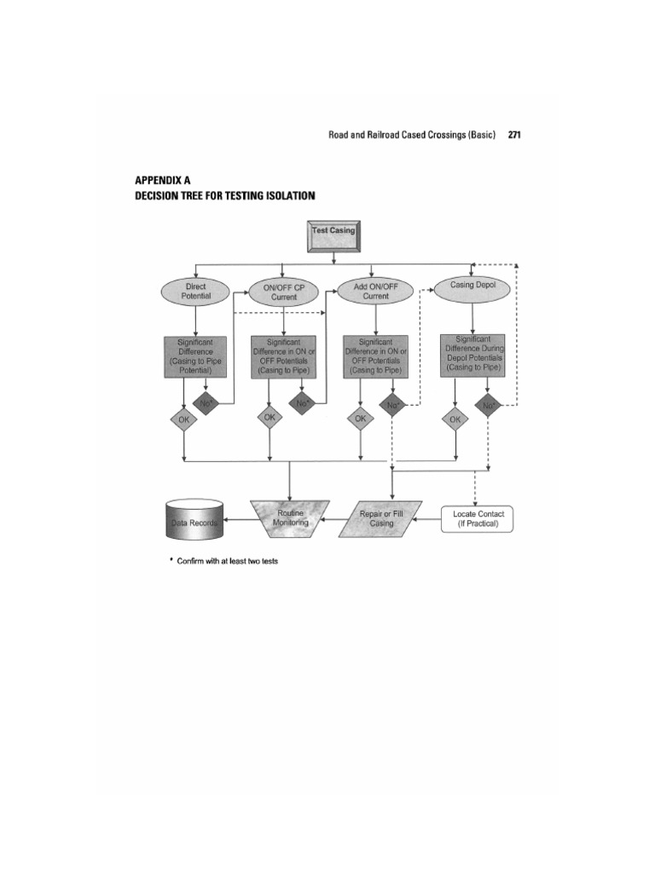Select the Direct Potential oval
pos(195,292)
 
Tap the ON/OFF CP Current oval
pos(284,292)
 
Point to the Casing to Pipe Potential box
pos(195,356)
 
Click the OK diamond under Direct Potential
pos(183,419)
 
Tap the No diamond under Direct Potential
pos(206,402)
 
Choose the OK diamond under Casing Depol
pos(455,419)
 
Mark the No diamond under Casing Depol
pos(488,406)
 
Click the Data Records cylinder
pos(193,519)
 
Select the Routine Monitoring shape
pos(289,517)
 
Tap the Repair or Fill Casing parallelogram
pos(381,518)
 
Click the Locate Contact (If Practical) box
pos(478,518)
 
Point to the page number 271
pos(514,135)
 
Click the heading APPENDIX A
pos(163,181)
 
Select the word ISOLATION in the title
pos(287,195)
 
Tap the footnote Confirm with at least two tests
pos(227,561)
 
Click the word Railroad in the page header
pos(392,135)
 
